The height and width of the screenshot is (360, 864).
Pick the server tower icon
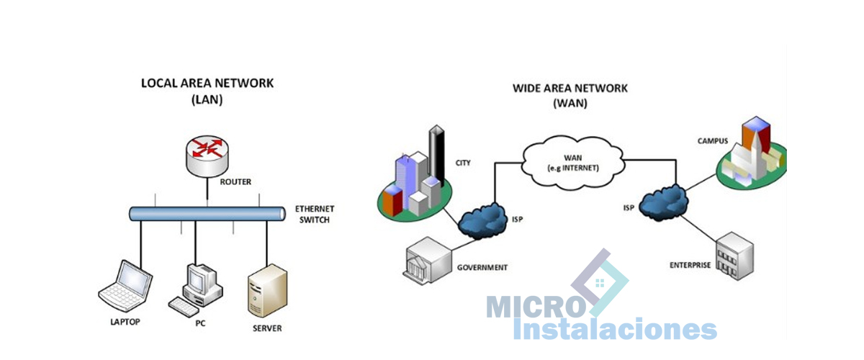pos(266,292)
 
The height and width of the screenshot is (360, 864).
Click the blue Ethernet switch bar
pos(207,214)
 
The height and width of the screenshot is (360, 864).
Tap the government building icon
pos(428,260)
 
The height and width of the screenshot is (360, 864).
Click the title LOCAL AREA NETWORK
pos(207,84)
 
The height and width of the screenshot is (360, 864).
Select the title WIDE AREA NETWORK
pos(570,89)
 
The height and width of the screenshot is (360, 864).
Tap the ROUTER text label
pos(235,182)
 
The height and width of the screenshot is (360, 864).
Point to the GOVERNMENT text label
pos(482,268)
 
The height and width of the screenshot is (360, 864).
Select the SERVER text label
pos(267,329)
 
